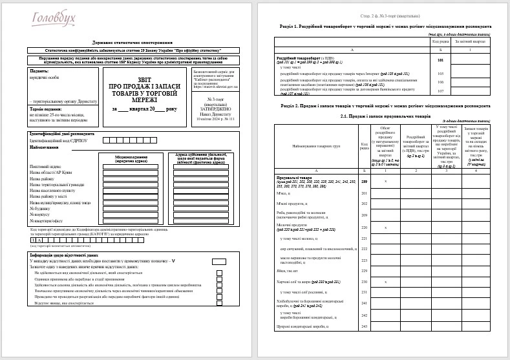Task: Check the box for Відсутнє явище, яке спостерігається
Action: pos(219,302)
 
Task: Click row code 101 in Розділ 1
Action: pos(440,60)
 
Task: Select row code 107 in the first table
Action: pos(440,90)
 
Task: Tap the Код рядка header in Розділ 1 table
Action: pos(440,41)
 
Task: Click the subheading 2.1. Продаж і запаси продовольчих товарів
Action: pos(386,115)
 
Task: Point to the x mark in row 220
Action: pos(386,228)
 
